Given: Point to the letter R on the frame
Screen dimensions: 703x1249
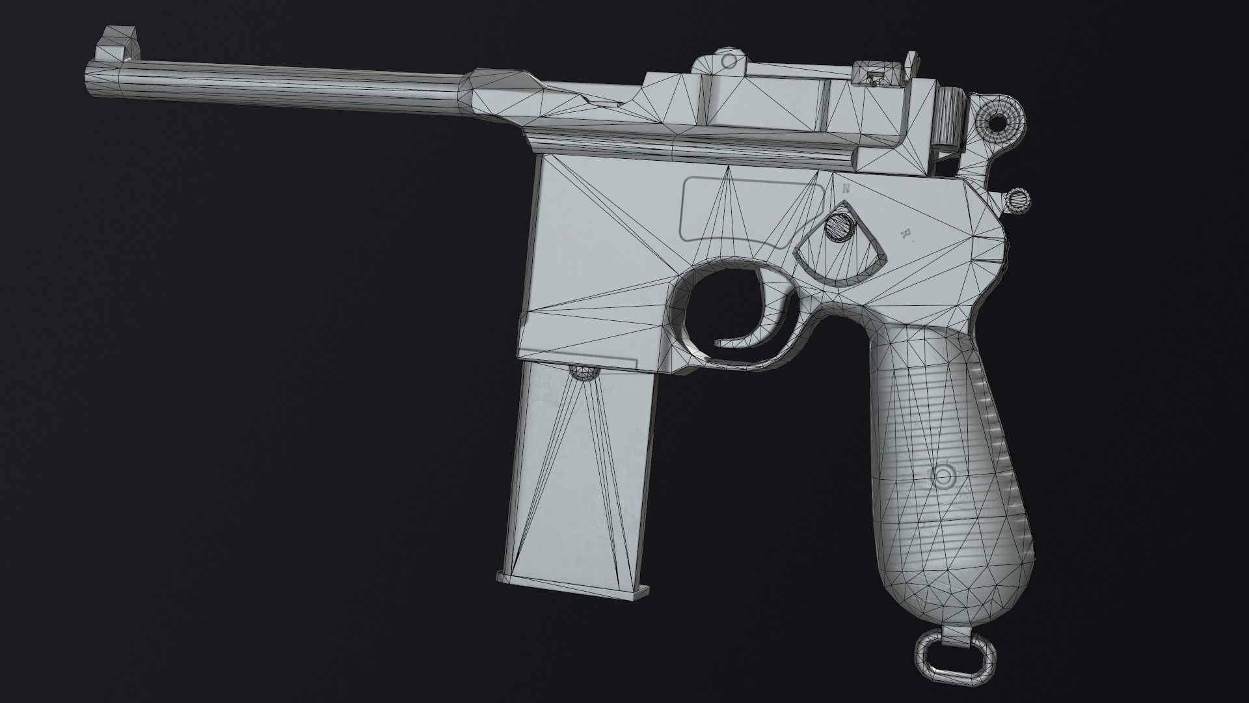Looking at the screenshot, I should pyautogui.click(x=904, y=233).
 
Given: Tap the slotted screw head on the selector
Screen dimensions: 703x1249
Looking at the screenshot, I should pyautogui.click(x=840, y=227).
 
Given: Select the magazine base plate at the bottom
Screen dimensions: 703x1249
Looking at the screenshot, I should pyautogui.click(x=572, y=592).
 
